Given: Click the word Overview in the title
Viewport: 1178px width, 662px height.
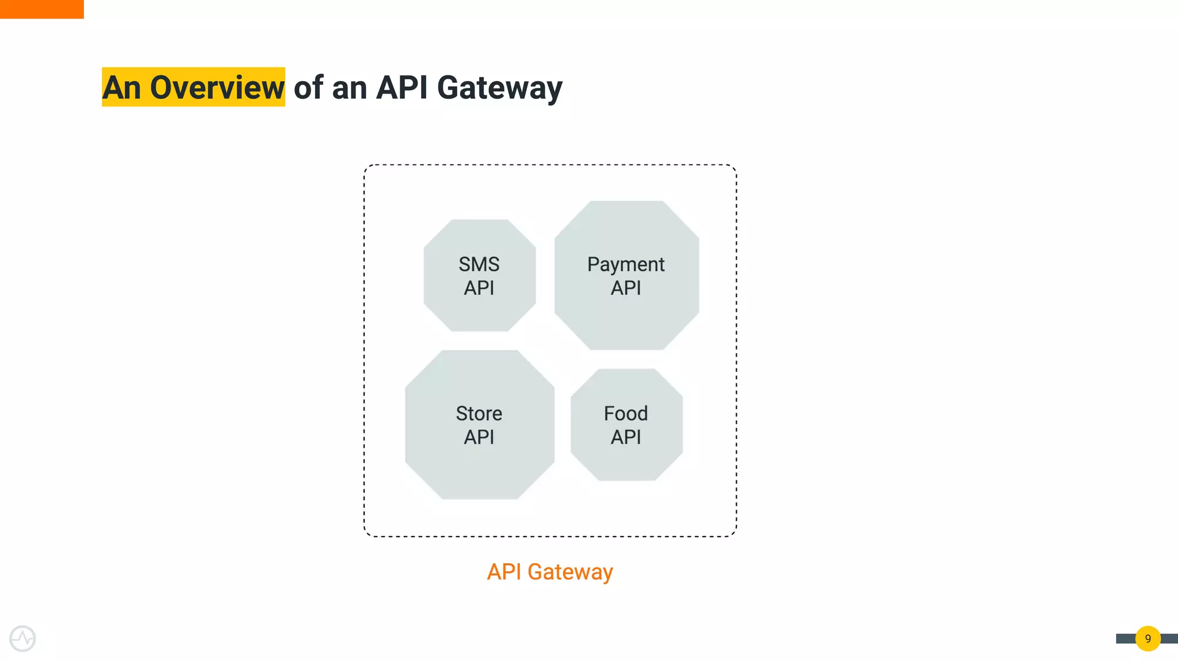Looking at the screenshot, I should [217, 87].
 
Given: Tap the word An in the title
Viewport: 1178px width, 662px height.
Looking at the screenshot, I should [121, 87].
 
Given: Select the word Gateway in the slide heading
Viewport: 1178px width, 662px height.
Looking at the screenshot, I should [499, 88].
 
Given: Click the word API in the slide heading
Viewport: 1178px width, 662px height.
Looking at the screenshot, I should [401, 87].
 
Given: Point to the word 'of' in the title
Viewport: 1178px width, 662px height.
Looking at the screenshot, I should [309, 87].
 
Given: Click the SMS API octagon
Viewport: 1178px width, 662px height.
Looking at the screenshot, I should [480, 276].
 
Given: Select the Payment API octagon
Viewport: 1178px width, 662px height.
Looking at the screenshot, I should [626, 276].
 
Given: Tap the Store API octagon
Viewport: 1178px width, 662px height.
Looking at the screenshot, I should [480, 425].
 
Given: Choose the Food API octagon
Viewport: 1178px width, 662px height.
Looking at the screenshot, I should [626, 425].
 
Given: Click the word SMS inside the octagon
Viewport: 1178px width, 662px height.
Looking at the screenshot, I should [479, 264].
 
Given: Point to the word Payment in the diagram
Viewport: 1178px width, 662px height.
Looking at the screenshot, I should [626, 265].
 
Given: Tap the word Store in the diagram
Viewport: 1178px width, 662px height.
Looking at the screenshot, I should [479, 414].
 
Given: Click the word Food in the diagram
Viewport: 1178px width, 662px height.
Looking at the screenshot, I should [626, 414].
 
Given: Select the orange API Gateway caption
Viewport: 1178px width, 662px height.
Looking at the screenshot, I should [550, 572].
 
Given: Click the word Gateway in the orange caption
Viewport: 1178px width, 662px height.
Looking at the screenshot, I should [570, 572].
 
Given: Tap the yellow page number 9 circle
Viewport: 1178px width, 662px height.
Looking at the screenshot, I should [1148, 638].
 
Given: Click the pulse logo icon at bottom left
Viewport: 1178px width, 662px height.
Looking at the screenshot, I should [22, 638].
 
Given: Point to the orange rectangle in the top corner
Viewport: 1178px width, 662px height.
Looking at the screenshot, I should [41, 9].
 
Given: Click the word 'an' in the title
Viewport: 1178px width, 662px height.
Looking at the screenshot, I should [349, 88].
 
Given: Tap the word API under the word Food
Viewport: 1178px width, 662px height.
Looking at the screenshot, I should [626, 437].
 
